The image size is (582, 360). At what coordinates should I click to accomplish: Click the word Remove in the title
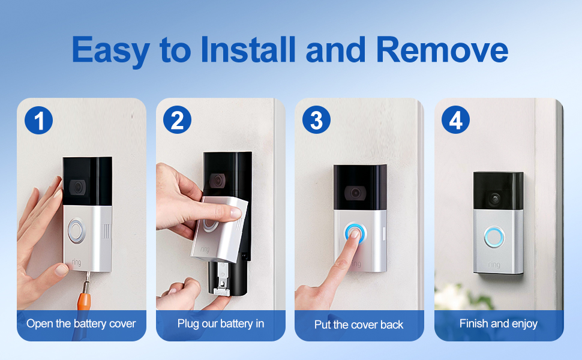[x=443, y=50]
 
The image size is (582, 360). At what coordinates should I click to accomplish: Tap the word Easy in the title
[x=111, y=51]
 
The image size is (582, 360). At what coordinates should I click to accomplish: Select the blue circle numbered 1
[x=39, y=121]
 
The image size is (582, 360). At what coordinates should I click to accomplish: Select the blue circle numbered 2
[x=177, y=121]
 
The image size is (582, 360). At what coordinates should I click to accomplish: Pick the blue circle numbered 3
[x=316, y=121]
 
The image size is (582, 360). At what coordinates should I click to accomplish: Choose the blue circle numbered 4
[x=455, y=121]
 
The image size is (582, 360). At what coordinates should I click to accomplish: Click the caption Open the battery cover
[x=81, y=324]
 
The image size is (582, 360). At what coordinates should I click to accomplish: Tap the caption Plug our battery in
[x=220, y=324]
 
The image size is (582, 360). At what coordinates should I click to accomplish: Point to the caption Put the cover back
[x=359, y=325]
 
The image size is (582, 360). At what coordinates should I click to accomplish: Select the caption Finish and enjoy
[x=498, y=324]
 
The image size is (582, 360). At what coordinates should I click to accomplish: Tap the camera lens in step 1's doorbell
[x=77, y=187]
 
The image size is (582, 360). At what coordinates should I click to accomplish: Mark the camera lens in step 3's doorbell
[x=356, y=192]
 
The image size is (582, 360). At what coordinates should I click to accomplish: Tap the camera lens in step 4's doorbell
[x=496, y=197]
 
